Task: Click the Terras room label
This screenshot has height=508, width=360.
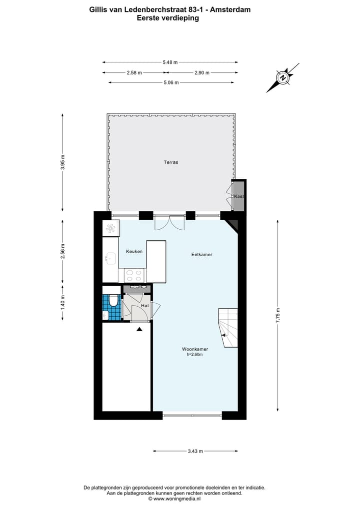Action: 171,162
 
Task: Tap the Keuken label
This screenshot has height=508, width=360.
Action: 134,251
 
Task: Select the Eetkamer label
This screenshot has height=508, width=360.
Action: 201,254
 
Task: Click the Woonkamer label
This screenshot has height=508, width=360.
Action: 195,349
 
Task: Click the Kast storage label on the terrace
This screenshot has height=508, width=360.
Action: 239,196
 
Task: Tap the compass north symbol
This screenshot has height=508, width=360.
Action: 283,78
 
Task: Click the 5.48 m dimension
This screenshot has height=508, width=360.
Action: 170,62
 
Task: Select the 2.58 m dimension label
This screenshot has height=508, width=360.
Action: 134,72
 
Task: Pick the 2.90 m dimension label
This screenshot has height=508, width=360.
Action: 201,72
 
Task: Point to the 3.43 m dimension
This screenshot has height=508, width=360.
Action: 195,452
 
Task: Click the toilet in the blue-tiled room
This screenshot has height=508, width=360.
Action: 113,301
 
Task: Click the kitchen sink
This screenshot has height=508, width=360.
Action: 110,258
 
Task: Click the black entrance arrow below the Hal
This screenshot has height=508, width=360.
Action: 139,329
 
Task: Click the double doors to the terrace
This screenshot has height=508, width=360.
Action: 169,222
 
